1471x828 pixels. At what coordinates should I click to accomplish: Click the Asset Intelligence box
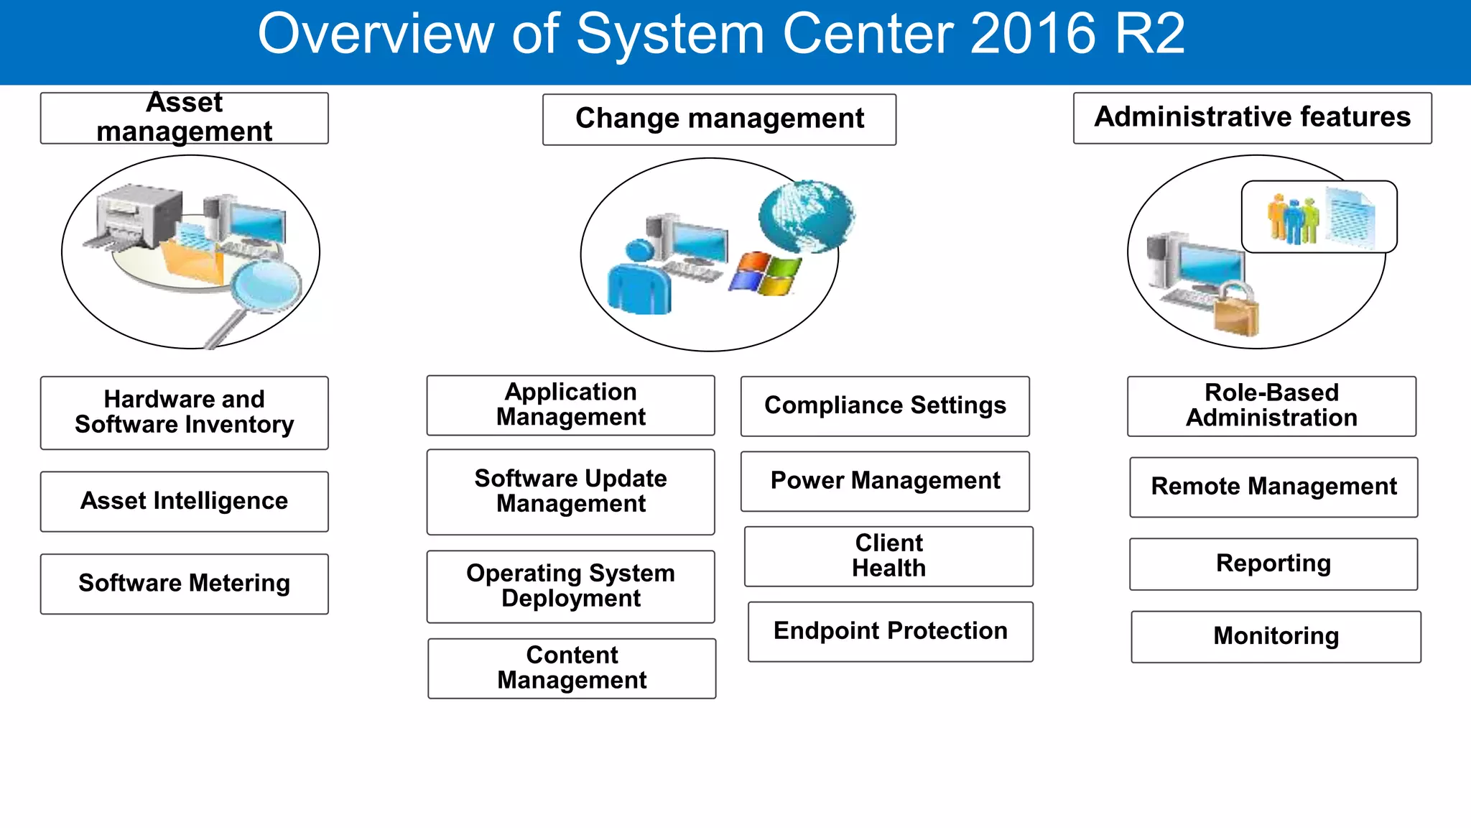point(184,501)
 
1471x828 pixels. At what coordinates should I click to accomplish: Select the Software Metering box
point(184,583)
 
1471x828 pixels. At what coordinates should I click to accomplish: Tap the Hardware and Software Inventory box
point(184,413)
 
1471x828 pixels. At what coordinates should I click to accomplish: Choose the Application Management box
point(570,405)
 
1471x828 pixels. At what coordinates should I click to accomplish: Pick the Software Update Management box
point(570,492)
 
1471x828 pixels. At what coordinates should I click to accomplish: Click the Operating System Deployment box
point(570,586)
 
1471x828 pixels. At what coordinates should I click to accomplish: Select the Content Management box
point(572,668)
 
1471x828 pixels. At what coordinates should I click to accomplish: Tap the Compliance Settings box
point(885,406)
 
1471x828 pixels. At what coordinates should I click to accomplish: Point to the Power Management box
point(885,481)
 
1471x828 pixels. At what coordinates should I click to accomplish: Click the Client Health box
point(888,556)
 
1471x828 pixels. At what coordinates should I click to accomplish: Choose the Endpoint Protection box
point(890,631)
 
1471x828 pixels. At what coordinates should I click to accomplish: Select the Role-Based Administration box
point(1271,406)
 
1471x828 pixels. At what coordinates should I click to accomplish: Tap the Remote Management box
point(1273,487)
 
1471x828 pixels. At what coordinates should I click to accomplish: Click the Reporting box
point(1273,563)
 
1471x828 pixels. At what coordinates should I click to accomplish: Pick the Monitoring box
point(1276,636)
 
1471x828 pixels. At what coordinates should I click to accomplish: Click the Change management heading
point(719,119)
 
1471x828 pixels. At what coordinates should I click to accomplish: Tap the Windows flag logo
point(766,274)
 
